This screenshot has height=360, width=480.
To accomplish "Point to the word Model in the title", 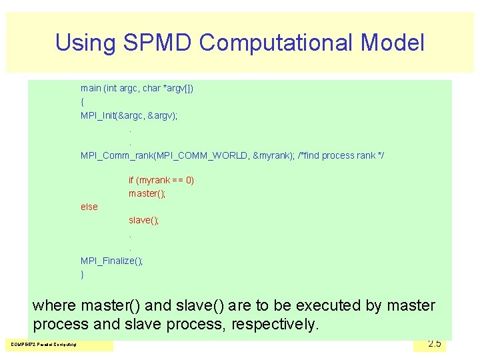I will [x=392, y=43].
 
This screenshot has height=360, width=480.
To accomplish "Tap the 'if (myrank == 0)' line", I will [x=161, y=180].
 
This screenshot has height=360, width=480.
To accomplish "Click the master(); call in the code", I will [x=147, y=193].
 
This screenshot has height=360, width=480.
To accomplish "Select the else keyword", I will [x=89, y=207].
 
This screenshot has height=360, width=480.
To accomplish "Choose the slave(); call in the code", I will [x=144, y=220].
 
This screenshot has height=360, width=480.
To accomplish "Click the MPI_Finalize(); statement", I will [x=111, y=261].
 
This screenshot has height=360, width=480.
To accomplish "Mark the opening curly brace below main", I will [x=82, y=102].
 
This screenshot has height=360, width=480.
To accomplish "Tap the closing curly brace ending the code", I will [x=82, y=274].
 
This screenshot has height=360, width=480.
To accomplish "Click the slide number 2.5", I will [x=434, y=343].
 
